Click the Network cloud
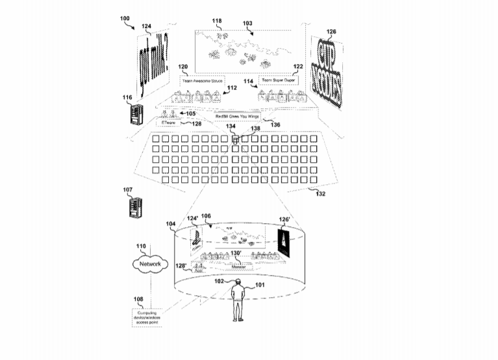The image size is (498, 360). pyautogui.click(x=150, y=264)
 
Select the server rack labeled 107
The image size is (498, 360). pyautogui.click(x=134, y=210)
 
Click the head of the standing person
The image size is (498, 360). pyautogui.click(x=238, y=283)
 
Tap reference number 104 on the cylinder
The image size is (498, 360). pyautogui.click(x=171, y=224)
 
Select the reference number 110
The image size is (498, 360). pyautogui.click(x=140, y=246)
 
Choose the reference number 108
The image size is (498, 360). pyautogui.click(x=138, y=300)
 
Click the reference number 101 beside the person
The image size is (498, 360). pyautogui.click(x=260, y=284)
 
